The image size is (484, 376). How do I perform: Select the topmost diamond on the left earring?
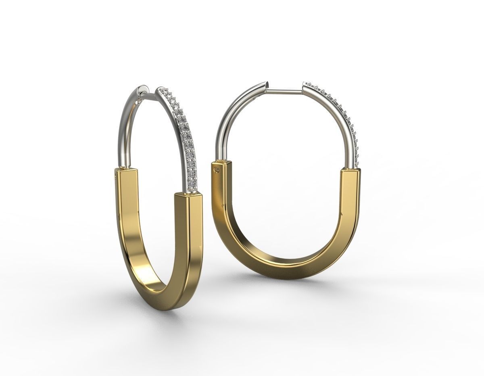(x=163, y=90)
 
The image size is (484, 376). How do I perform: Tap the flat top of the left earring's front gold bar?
(x=188, y=195)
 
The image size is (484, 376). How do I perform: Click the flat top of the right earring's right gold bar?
(x=350, y=170)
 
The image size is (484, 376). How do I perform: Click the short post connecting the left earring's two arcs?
(x=152, y=95)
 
